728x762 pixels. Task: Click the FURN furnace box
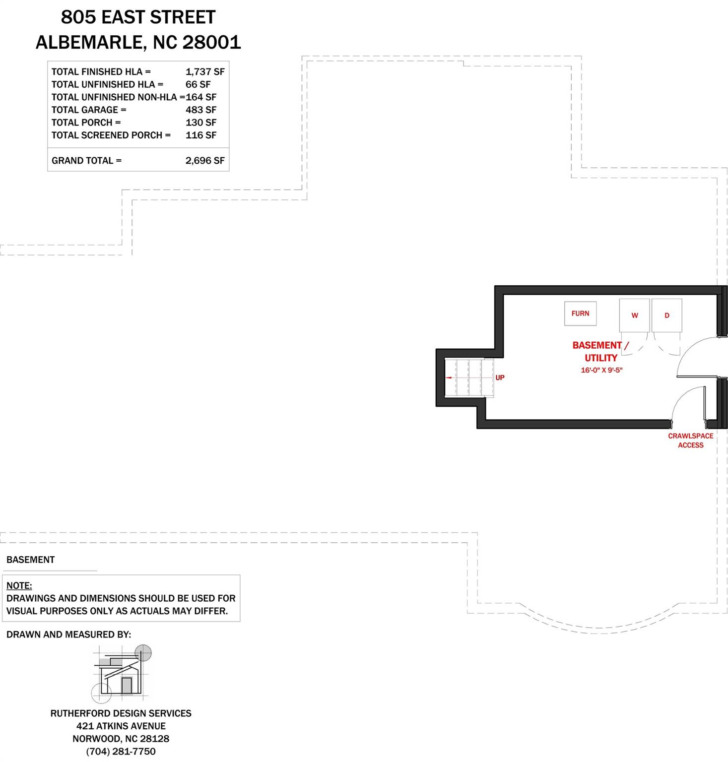(x=580, y=314)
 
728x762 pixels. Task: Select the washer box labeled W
(x=634, y=316)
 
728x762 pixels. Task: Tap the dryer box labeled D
(x=666, y=316)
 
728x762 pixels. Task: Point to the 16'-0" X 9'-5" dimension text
(x=601, y=370)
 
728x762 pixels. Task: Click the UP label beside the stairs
(x=500, y=378)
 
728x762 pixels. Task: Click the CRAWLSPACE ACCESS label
(x=690, y=441)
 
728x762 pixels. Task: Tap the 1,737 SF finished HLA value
(x=205, y=71)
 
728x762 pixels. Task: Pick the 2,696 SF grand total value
(x=205, y=161)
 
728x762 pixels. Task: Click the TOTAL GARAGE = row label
(x=89, y=110)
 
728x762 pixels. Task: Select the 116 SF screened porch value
(x=201, y=135)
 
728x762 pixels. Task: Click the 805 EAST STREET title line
(x=138, y=17)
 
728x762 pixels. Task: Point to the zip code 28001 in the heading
(x=212, y=43)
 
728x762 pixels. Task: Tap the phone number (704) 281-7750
(x=121, y=752)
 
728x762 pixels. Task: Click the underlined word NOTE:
(x=19, y=586)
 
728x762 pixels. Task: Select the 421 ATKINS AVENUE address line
(x=121, y=726)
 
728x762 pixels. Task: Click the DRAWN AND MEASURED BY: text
(x=68, y=635)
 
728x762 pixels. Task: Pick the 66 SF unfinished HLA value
(x=198, y=84)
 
